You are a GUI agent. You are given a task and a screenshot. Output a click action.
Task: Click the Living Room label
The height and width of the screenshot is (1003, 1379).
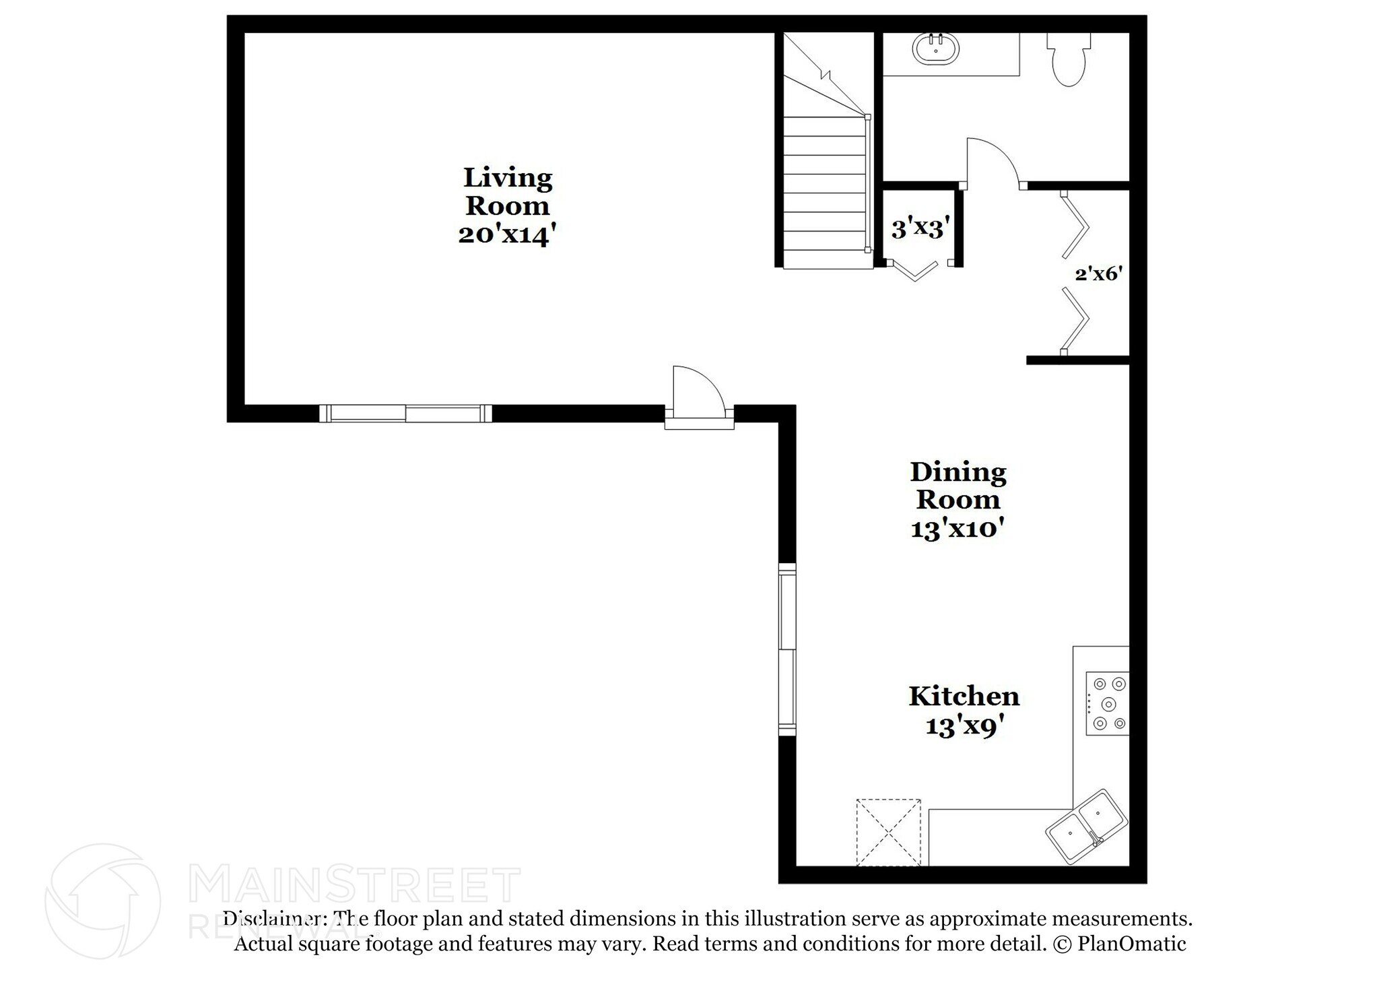click(508, 191)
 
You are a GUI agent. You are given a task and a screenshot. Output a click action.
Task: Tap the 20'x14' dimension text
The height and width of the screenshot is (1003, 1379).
click(508, 235)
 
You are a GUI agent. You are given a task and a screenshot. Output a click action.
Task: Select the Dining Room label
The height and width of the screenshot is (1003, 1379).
click(957, 485)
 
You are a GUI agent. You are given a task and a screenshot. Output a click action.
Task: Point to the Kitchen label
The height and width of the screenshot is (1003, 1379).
click(964, 696)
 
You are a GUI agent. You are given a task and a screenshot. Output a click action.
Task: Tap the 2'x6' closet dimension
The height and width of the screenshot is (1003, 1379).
click(1098, 273)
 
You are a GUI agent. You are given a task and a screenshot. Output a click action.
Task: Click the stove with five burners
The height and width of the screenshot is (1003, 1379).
click(1108, 703)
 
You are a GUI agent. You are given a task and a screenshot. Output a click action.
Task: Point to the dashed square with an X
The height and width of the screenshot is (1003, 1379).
click(888, 832)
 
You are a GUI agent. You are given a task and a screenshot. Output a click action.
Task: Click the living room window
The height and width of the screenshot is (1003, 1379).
click(405, 413)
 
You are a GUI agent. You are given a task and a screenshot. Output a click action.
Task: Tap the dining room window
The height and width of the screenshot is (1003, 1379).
click(787, 649)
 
